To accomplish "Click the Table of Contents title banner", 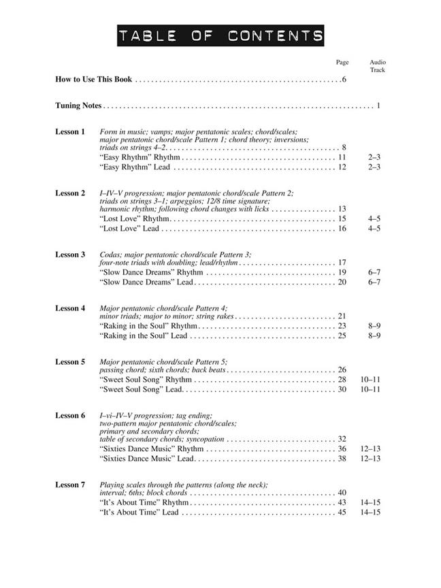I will point(220,35).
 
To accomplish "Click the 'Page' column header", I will point(342,63).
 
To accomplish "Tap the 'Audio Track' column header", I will point(378,66).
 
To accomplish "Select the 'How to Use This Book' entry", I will point(93,80).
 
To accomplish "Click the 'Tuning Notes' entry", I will point(78,105).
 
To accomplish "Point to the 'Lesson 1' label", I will point(70,131).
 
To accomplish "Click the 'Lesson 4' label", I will point(70,308).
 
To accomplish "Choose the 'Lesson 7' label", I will point(70,485).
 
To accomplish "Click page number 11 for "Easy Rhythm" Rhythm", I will point(342,157).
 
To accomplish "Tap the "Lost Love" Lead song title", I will point(129,229).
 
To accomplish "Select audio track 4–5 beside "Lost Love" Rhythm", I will point(374,219).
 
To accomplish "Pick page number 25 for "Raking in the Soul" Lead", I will point(342,336).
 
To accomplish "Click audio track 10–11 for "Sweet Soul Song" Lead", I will point(370,389).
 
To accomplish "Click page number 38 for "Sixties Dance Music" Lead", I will point(342,459).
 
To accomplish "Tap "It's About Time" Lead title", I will point(139,512).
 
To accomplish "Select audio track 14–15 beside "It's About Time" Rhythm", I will point(370,502).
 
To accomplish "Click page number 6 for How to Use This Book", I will point(345,80).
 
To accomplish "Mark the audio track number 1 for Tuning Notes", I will point(378,105).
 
